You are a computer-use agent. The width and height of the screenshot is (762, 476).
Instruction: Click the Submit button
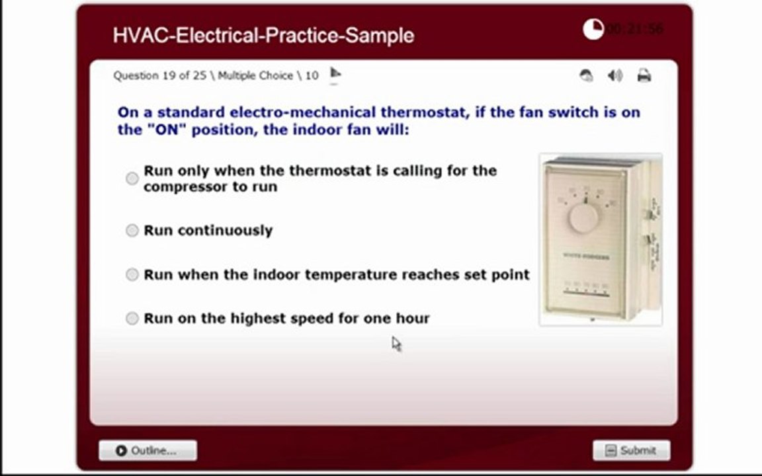[x=631, y=450]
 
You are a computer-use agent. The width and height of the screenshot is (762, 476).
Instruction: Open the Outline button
[x=148, y=450]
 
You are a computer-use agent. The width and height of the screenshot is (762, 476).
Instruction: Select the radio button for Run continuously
[x=132, y=230]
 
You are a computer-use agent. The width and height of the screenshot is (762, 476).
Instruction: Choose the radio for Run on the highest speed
[x=132, y=319]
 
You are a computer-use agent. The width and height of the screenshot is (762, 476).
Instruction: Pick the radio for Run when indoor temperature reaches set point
[x=132, y=274]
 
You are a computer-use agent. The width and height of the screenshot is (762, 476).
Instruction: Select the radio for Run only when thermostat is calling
[x=132, y=178]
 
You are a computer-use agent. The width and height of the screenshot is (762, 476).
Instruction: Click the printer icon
[x=644, y=75]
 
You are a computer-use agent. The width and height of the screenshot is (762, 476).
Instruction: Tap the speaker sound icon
[x=615, y=75]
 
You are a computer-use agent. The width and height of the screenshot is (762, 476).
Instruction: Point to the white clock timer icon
[x=593, y=29]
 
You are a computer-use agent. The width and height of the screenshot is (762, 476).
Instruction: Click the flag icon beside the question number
[x=335, y=73]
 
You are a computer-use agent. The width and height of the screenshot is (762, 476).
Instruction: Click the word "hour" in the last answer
[x=412, y=318]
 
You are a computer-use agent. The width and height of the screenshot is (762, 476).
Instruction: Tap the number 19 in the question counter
[x=169, y=75]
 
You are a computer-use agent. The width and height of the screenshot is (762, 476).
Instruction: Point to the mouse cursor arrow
[x=396, y=343]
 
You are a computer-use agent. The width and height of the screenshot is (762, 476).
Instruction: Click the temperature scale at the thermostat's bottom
[x=585, y=288]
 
